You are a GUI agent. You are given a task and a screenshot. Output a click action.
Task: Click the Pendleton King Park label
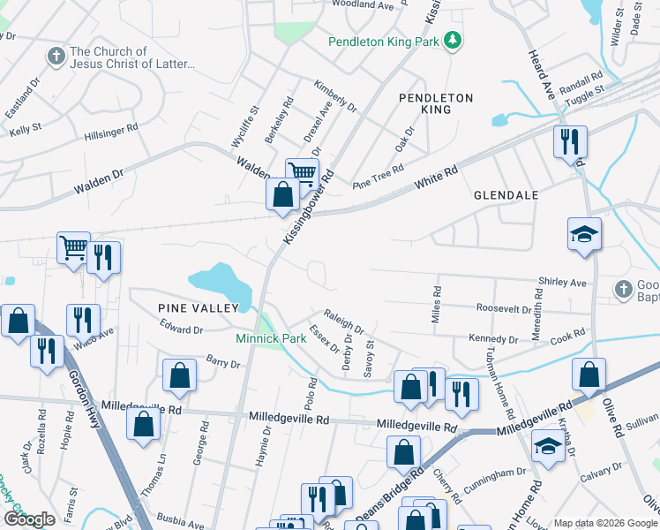tap(384, 42)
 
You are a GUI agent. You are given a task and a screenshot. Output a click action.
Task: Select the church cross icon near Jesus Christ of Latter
tap(56, 57)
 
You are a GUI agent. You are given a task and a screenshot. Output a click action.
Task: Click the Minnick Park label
tap(270, 338)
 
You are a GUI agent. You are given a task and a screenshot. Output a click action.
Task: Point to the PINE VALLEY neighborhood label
tap(199, 307)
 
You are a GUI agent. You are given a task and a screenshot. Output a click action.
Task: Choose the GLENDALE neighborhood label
tap(506, 194)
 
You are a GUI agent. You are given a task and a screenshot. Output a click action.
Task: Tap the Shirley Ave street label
tap(563, 283)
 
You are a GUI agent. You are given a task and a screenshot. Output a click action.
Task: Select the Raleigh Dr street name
tap(344, 319)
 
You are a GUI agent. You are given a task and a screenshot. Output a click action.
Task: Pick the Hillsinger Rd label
tap(111, 128)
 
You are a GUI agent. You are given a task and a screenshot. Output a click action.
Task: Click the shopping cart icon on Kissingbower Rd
tap(301, 173)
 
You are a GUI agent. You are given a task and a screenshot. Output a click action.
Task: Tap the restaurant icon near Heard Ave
tap(569, 141)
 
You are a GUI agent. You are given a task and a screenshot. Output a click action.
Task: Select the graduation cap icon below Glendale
tap(584, 234)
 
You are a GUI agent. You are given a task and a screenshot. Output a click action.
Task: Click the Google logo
tap(29, 519)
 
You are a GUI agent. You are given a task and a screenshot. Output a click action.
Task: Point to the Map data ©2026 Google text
tap(604, 523)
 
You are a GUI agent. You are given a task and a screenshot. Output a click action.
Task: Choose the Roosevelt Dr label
tap(504, 309)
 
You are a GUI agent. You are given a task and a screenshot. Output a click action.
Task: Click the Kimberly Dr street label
tap(335, 96)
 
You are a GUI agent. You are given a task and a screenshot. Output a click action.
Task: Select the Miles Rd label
tap(437, 304)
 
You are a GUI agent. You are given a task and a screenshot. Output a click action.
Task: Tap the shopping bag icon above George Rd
tap(179, 375)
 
